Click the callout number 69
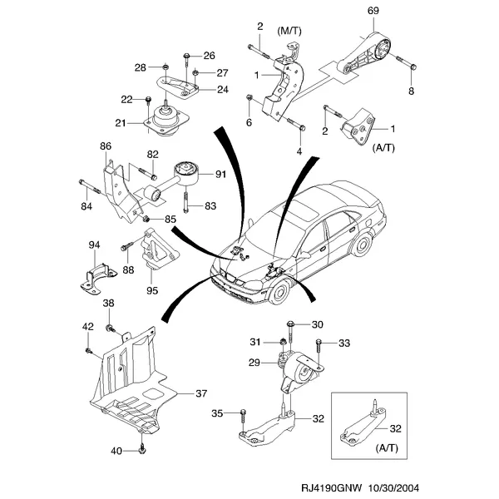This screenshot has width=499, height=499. coord(373,11)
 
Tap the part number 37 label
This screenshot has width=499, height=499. coord(201,393)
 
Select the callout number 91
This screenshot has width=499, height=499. coord(220,174)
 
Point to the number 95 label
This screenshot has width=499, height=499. coord(152,290)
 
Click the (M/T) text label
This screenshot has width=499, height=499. coord(289,32)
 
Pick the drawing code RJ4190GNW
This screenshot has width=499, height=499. coord(331,487)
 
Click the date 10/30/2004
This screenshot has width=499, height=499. coord(394,487)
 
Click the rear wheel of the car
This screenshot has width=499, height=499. coord(363,245)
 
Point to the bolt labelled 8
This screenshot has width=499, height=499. coord(406,62)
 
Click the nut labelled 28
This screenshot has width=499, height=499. coord(166,67)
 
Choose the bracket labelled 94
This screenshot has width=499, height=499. coord(98,279)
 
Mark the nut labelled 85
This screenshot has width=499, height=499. coord(146,219)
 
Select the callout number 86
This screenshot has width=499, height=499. coord(106,146)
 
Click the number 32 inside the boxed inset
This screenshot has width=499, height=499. coord(395,428)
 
